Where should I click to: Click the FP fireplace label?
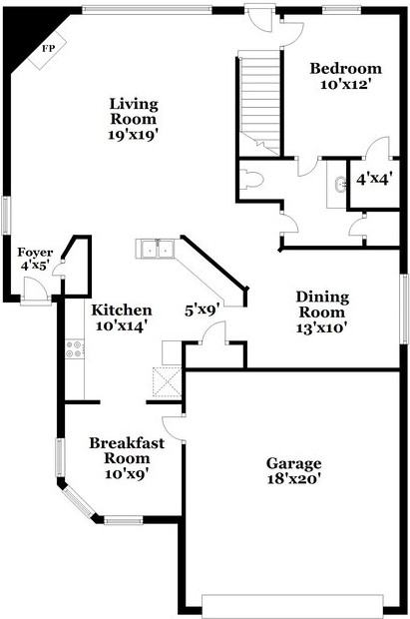[49, 49]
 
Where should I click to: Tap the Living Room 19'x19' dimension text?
[134, 135]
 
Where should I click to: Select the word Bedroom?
[346, 68]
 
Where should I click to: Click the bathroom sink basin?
[340, 185]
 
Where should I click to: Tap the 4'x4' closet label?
[374, 180]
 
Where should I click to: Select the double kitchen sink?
[156, 249]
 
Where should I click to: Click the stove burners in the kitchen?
[75, 349]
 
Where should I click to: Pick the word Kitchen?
[122, 310]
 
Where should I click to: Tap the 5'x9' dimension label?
[203, 310]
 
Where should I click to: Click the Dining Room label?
[322, 305]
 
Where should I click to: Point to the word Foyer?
[35, 253]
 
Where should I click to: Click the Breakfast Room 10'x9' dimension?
[127, 473]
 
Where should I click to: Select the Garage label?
[294, 463]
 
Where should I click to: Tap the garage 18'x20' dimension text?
[294, 479]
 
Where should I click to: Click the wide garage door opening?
[292, 606]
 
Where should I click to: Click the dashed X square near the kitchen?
[167, 381]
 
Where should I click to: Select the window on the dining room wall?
[404, 309]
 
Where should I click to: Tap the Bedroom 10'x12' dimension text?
[346, 84]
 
